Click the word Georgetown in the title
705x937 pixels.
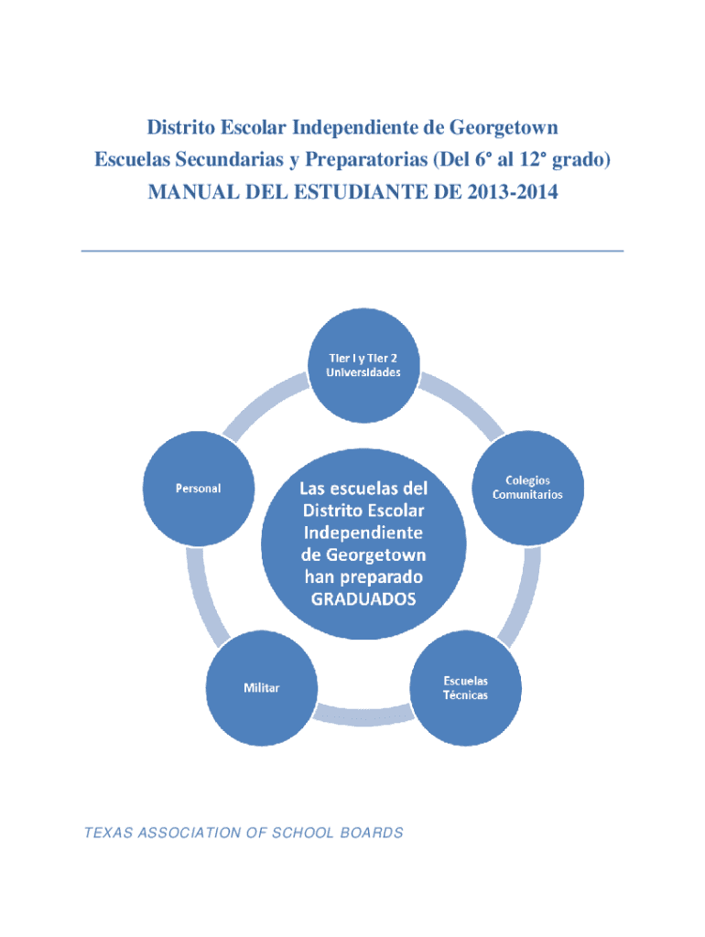point(505,125)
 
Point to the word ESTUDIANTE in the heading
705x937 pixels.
point(385,193)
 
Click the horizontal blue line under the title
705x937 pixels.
point(352,250)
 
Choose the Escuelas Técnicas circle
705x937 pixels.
point(466,687)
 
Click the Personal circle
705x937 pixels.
point(198,487)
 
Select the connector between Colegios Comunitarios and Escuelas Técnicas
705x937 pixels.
point(514,605)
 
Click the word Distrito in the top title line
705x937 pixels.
point(179,125)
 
